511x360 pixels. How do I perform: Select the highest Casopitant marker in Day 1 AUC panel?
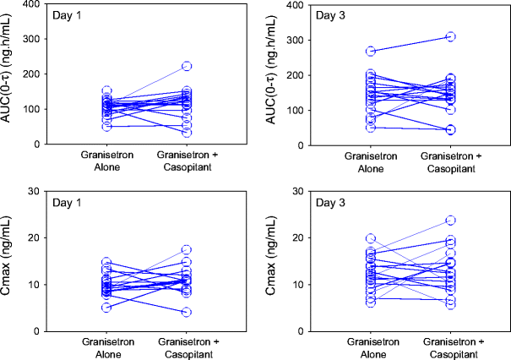[187, 66]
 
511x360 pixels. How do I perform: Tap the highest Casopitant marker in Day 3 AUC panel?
[451, 37]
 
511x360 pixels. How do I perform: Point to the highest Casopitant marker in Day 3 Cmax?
[451, 221]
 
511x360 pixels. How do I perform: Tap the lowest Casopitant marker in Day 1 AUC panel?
[187, 133]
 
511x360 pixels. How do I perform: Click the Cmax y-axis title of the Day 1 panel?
[10, 261]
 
